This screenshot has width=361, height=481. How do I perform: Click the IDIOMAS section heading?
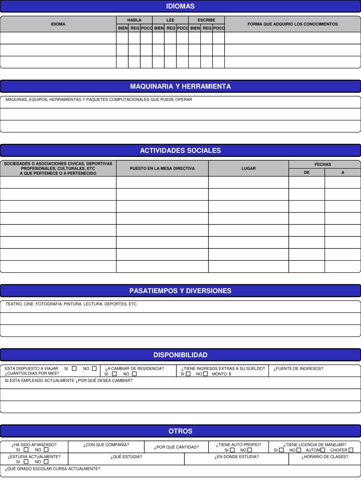click(x=180, y=6)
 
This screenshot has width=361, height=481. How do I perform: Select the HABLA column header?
click(x=134, y=20)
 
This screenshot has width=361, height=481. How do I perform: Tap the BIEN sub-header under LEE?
click(x=159, y=28)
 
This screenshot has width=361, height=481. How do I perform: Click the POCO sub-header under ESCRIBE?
click(x=219, y=28)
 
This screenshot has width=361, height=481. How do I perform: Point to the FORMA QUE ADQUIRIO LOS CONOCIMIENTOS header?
click(x=292, y=24)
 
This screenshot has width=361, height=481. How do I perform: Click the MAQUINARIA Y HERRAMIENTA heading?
click(x=180, y=86)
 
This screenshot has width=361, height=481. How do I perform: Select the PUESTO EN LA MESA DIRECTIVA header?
click(x=162, y=168)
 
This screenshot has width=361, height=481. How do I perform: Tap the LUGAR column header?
click(x=249, y=168)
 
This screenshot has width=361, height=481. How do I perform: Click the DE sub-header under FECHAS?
click(x=307, y=173)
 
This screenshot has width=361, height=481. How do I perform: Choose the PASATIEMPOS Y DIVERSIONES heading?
click(x=180, y=291)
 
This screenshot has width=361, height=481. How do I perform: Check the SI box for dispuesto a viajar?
click(x=74, y=369)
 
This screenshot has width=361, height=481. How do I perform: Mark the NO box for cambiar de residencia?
click(x=134, y=374)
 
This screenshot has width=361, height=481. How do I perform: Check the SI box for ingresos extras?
click(x=188, y=374)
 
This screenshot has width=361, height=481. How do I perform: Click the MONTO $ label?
click(x=221, y=374)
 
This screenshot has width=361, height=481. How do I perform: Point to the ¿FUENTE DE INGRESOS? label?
click(x=298, y=369)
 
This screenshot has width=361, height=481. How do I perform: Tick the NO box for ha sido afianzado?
click(x=46, y=450)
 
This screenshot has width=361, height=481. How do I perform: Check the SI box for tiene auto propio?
click(x=232, y=450)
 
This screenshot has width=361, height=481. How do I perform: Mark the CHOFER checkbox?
click(x=351, y=450)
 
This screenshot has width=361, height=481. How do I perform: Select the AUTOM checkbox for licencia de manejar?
click(x=323, y=450)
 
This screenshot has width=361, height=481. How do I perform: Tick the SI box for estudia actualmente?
click(x=26, y=462)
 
